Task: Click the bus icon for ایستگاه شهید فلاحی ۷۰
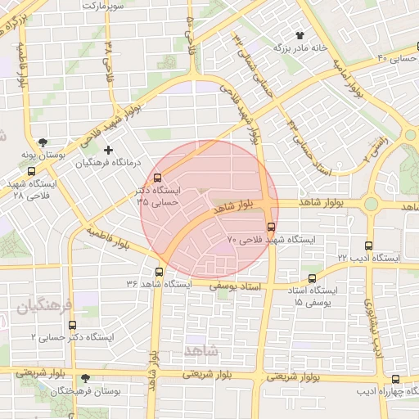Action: [x=272, y=227]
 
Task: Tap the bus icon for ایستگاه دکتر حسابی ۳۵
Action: [x=158, y=176]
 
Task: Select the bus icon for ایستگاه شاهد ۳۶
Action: [x=159, y=272]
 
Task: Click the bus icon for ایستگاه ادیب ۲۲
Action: [x=369, y=245]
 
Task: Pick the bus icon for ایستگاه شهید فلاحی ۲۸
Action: [x=31, y=172]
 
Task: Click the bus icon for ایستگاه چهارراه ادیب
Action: [x=396, y=379]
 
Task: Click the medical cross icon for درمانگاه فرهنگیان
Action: [x=108, y=150]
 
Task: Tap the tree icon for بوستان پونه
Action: [x=43, y=141]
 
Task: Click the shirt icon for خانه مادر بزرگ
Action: [x=300, y=35]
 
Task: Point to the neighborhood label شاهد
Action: [x=202, y=350]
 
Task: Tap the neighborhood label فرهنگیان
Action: [x=44, y=306]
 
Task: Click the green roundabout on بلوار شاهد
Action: [x=371, y=204]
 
